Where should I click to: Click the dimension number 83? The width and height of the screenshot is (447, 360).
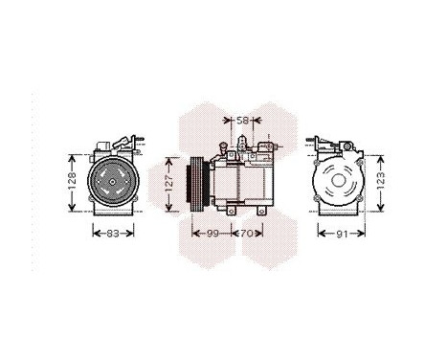(x=113, y=233)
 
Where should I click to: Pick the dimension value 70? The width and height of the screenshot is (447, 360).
(x=245, y=233)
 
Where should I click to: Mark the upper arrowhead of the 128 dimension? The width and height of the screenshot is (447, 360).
(x=75, y=152)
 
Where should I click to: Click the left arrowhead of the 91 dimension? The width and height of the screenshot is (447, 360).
(x=320, y=233)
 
